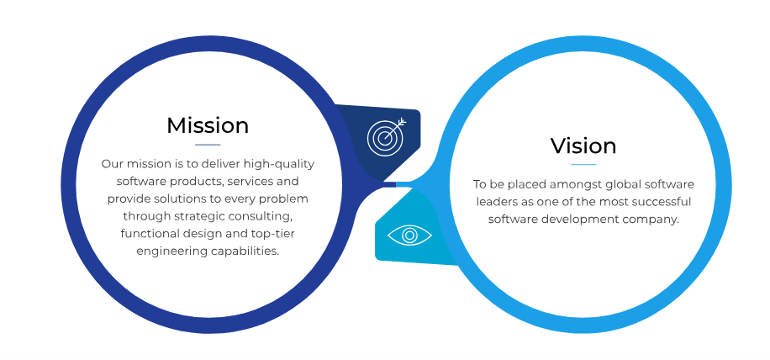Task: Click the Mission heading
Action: point(208,125)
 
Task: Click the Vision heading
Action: point(583,146)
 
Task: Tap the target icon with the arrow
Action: point(387,136)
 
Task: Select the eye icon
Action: point(409,236)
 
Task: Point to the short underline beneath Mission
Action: point(208,145)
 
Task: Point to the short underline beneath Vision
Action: point(583,165)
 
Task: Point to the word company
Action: point(651,220)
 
